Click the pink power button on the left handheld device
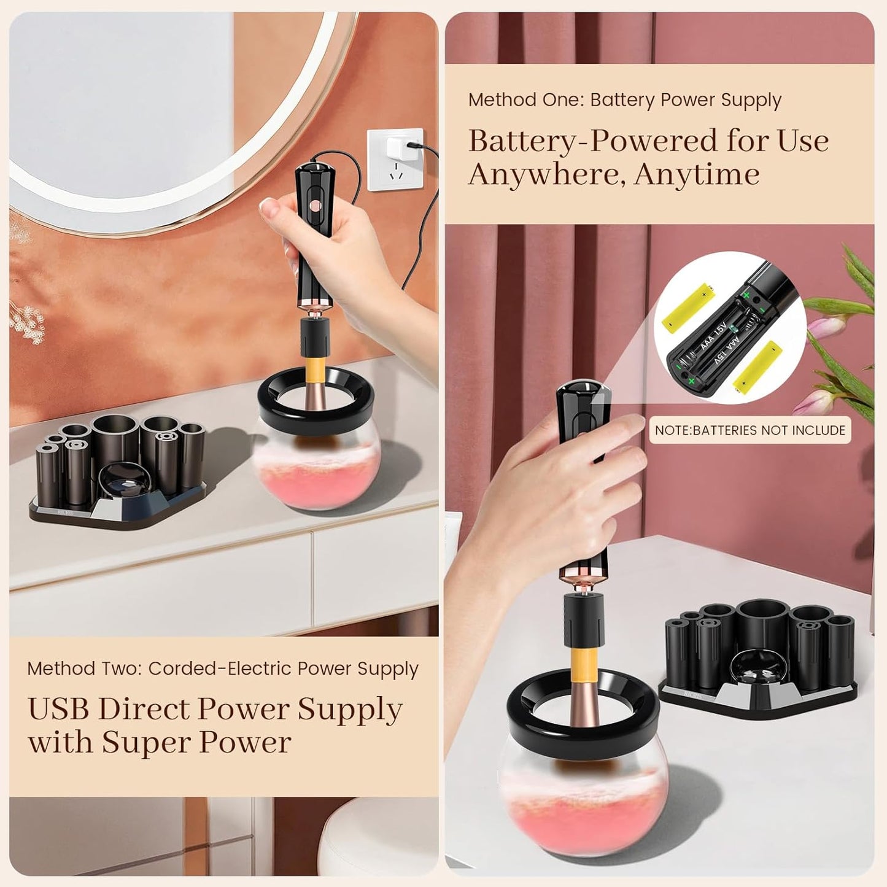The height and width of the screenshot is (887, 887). click(316, 204)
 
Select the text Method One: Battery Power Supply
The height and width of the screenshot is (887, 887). click(624, 99)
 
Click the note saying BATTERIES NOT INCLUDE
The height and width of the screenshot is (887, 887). click(749, 430)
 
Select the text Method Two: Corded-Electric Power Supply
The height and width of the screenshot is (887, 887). click(222, 668)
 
